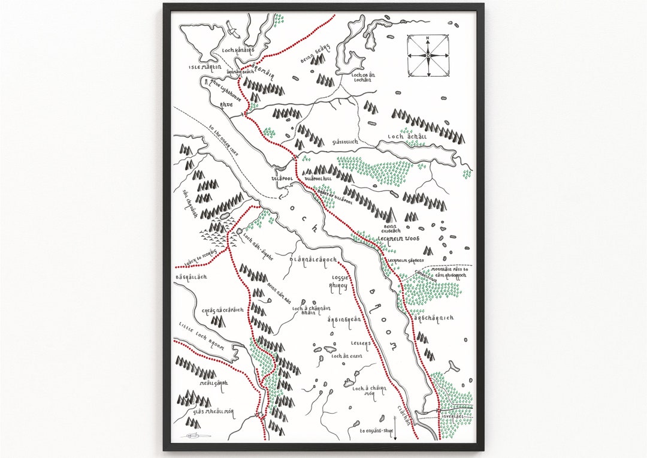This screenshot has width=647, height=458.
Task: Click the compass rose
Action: (428, 56)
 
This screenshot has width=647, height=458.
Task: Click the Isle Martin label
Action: (205, 68)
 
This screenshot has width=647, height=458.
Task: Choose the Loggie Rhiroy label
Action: (338, 282)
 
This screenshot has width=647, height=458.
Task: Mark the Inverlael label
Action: (451, 415)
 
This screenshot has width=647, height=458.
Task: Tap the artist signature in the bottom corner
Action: (194, 434)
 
